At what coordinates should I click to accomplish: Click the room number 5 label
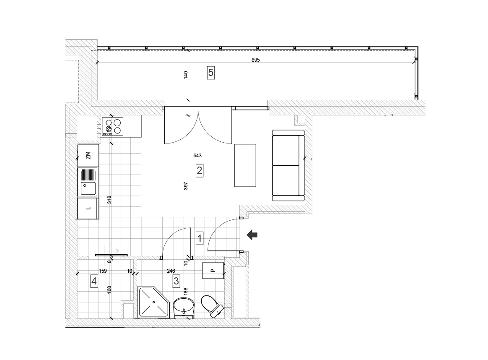(211, 73)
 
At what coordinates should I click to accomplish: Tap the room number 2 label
(200, 171)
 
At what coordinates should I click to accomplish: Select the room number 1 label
(200, 239)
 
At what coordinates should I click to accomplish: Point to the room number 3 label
(177, 281)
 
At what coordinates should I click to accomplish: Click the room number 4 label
(94, 282)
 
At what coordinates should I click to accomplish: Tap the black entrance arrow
(252, 235)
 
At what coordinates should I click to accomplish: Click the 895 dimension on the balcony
(255, 60)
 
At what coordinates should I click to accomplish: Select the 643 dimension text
(197, 155)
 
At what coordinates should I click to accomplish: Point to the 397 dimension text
(186, 186)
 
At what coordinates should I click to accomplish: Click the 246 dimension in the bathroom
(171, 271)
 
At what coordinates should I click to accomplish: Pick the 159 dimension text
(103, 271)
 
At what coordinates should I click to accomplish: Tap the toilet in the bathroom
(212, 306)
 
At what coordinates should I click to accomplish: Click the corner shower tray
(154, 303)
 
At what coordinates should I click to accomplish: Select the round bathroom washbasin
(184, 307)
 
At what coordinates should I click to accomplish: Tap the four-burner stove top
(112, 126)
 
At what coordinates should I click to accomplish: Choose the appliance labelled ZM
(88, 155)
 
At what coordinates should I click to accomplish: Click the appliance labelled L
(88, 208)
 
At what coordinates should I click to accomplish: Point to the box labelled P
(213, 270)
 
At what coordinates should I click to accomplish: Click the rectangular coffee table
(245, 165)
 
